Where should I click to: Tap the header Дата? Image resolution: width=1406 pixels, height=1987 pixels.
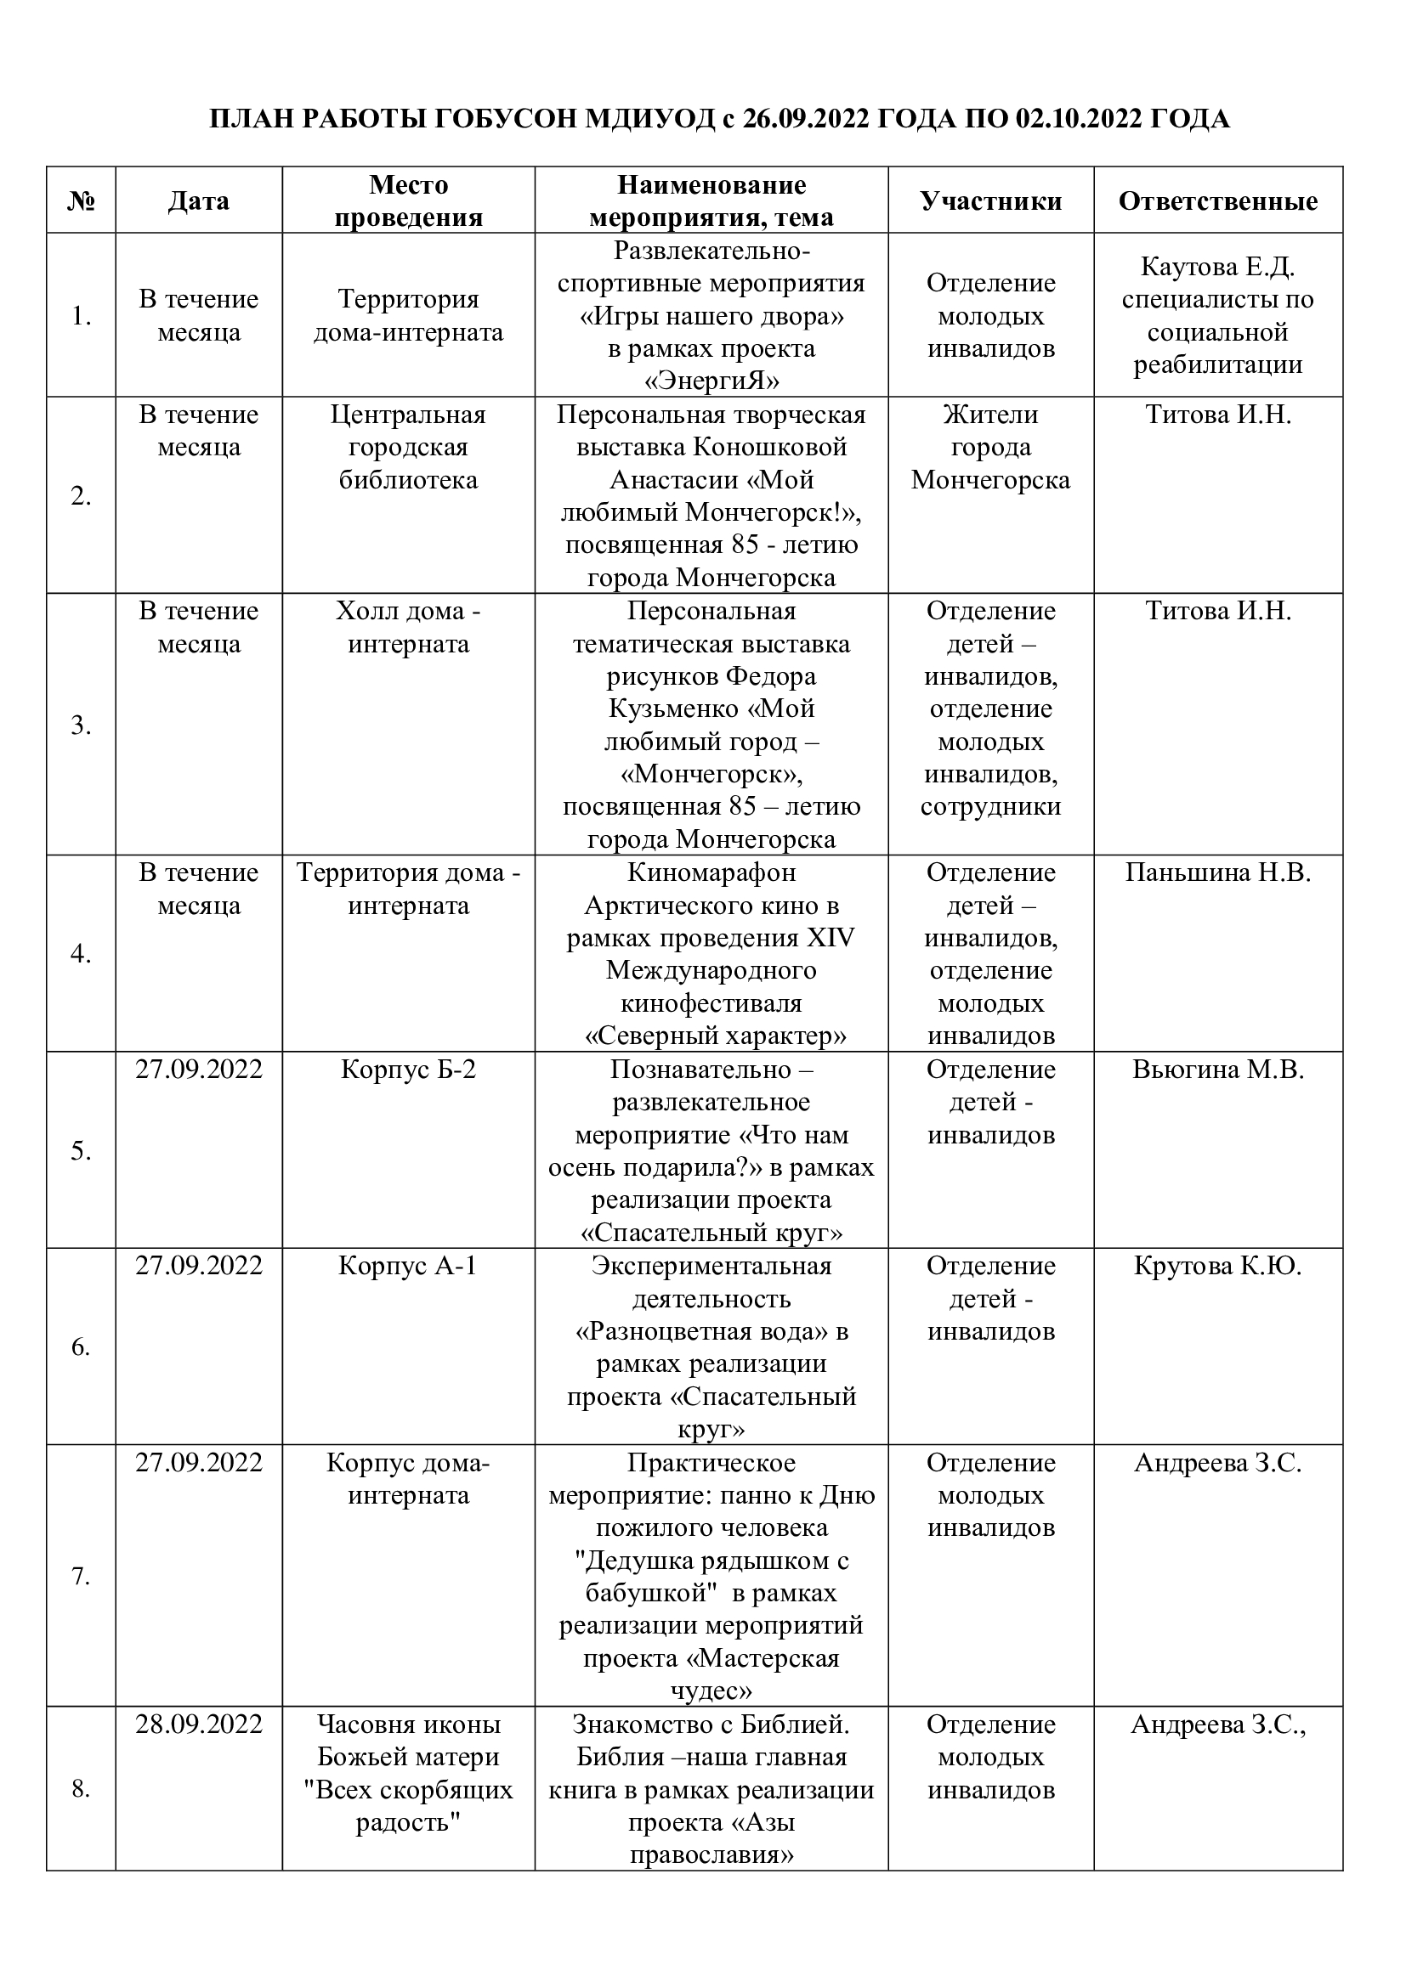tap(198, 200)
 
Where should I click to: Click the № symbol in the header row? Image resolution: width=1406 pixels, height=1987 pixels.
tap(81, 200)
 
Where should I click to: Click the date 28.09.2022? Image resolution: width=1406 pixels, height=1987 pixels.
tap(198, 1723)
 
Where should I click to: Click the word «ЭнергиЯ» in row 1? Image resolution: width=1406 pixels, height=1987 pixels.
tap(711, 381)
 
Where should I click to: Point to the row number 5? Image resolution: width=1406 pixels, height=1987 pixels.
tap(81, 1151)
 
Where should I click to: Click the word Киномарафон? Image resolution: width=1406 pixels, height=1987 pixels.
tap(711, 872)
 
